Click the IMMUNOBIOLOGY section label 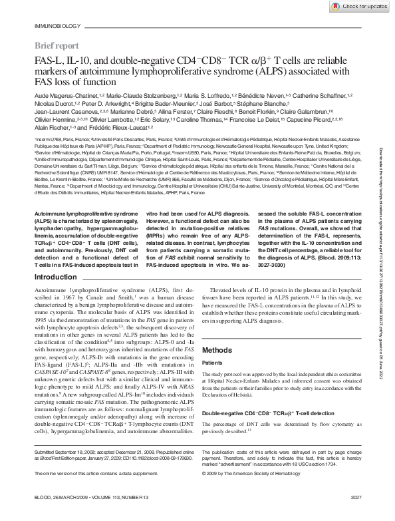point(53,27)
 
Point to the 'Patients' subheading point(213,363)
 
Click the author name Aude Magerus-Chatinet point(63,96)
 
